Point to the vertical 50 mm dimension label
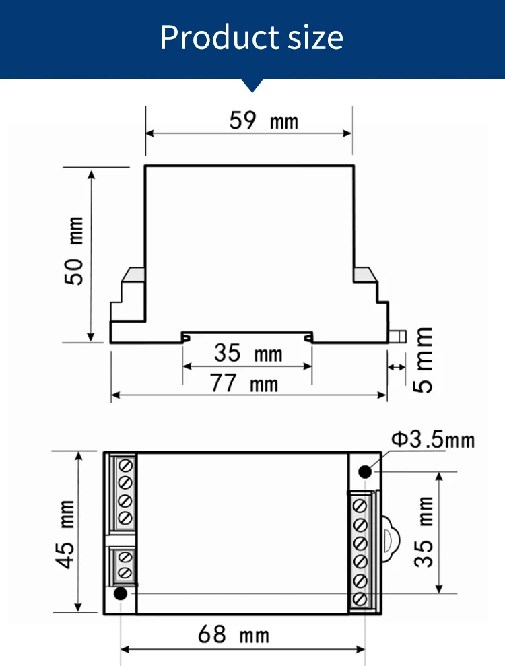tap(75, 251)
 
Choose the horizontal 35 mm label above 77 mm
tap(248, 353)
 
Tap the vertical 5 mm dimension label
tap(423, 360)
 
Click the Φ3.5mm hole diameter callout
tap(432, 440)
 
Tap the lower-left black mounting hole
tap(121, 593)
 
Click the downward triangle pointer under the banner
tap(252, 85)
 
